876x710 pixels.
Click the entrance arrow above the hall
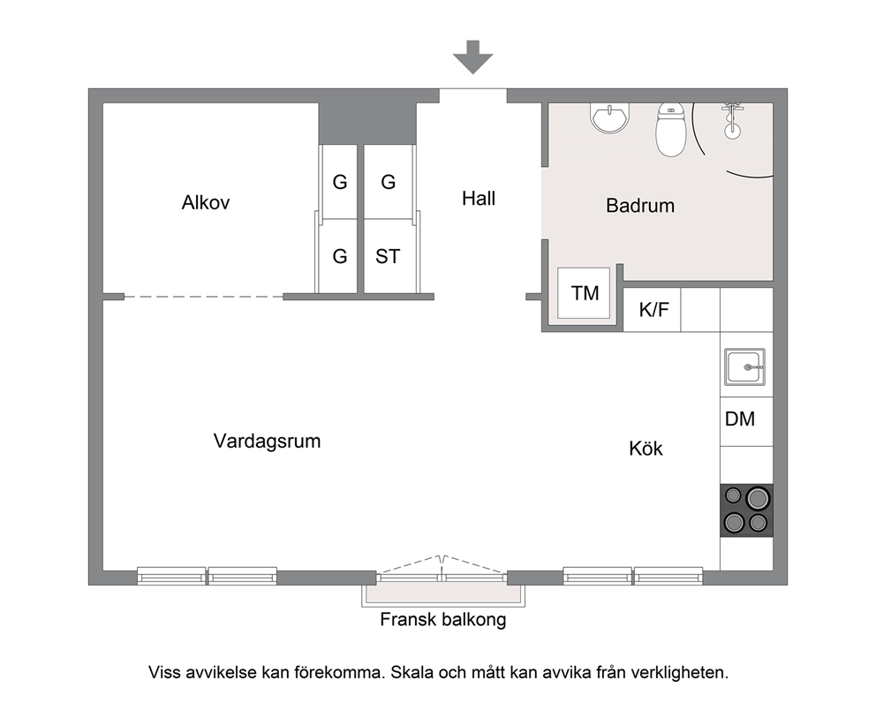pyautogui.click(x=472, y=57)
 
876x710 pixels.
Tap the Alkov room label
pyautogui.click(x=206, y=202)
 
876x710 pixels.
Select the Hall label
pyautogui.click(x=479, y=199)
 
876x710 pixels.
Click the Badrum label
pyautogui.click(x=640, y=206)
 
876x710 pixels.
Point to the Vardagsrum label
pyautogui.click(x=267, y=442)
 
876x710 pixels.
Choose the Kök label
pyautogui.click(x=646, y=449)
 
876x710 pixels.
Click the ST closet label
pyautogui.click(x=388, y=256)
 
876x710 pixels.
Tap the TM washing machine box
pyautogui.click(x=585, y=293)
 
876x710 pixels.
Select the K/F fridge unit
pyautogui.click(x=652, y=309)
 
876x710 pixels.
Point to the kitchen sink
pyautogui.click(x=744, y=367)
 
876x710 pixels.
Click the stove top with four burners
pyautogui.click(x=746, y=510)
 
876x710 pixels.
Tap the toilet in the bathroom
pyautogui.click(x=670, y=130)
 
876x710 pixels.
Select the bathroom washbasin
pyautogui.click(x=609, y=117)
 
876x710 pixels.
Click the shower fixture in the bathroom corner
pyautogui.click(x=732, y=121)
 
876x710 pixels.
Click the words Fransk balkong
pyautogui.click(x=443, y=620)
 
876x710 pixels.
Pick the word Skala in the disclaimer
pyautogui.click(x=413, y=672)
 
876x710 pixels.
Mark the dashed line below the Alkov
pyautogui.click(x=203, y=297)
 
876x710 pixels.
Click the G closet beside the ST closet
pyautogui.click(x=340, y=256)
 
